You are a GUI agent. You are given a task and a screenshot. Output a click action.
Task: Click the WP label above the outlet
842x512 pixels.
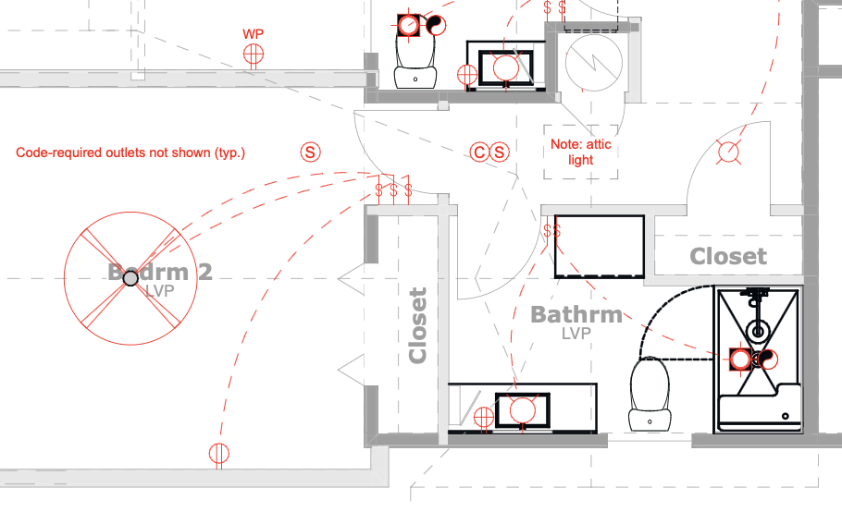(x=253, y=34)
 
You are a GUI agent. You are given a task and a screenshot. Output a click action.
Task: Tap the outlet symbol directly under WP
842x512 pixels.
(x=253, y=55)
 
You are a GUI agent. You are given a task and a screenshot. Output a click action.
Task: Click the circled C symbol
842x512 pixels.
(x=479, y=152)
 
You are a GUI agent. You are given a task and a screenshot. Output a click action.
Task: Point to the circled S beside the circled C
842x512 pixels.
(x=500, y=152)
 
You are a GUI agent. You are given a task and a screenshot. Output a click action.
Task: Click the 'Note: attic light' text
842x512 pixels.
(x=580, y=152)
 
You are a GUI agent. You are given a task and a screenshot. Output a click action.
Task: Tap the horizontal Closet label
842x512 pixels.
(x=728, y=256)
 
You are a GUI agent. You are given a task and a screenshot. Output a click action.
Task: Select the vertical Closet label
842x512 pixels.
(x=418, y=325)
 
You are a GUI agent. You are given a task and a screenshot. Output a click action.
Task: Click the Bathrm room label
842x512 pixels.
(x=576, y=315)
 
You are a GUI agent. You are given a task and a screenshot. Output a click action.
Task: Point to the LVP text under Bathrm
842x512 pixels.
(x=576, y=334)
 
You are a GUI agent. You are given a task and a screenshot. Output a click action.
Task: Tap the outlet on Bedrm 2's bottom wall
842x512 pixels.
(x=218, y=454)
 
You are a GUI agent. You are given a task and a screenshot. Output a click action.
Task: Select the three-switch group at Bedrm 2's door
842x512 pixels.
(x=393, y=191)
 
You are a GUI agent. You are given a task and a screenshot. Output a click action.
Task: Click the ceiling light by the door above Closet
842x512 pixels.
(x=729, y=152)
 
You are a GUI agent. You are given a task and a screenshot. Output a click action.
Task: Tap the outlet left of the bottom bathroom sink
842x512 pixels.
(x=482, y=418)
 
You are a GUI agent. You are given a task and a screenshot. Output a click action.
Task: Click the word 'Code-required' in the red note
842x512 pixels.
(x=55, y=152)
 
